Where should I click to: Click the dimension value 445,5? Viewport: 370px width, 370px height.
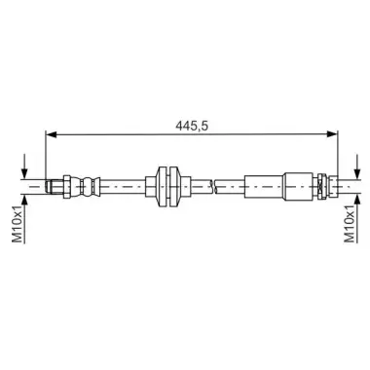(x=192, y=126)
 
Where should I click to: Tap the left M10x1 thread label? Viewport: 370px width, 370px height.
(x=18, y=224)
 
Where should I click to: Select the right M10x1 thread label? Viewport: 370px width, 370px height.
(x=350, y=224)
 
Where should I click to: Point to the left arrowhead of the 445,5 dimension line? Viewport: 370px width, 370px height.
(x=52, y=134)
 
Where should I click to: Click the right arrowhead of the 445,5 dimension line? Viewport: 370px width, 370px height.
(x=332, y=134)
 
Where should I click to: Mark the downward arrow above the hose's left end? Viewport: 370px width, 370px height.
(x=24, y=166)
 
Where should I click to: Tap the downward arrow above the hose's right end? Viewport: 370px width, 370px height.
(x=357, y=166)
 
